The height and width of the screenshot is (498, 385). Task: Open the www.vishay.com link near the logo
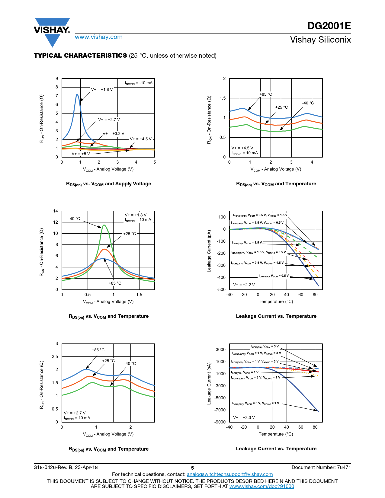pos(99,37)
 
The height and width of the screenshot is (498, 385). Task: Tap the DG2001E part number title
pos(329,26)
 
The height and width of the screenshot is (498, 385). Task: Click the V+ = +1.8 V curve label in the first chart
pos(102,90)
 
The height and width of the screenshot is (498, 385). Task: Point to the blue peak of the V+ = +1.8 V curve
pos(77,95)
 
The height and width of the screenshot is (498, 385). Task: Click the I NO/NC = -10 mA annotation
pos(139,83)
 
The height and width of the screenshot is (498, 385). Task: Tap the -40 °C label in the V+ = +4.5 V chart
pos(308,103)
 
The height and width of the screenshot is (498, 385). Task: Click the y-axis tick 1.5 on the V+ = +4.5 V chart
pos(223,98)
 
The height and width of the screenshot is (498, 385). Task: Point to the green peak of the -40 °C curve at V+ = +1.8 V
pos(104,225)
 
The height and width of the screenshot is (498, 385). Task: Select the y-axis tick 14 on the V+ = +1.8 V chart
pos(56,211)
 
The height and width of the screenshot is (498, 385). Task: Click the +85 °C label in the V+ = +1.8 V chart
pos(115,283)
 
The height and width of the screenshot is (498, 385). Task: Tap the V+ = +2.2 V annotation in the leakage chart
pos(244,285)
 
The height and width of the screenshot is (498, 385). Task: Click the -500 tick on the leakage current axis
pos(221,289)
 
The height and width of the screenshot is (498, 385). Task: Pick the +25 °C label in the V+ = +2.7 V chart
pos(108,361)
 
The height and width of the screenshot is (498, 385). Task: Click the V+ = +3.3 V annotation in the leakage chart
pos(244,417)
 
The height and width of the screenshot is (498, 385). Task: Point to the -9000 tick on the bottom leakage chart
pos(220,422)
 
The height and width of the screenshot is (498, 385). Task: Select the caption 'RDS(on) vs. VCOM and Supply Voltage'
pos(108,184)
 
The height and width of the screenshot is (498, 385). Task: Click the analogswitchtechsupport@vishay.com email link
pos(229,474)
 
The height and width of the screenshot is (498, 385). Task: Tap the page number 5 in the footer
pos(192,468)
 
